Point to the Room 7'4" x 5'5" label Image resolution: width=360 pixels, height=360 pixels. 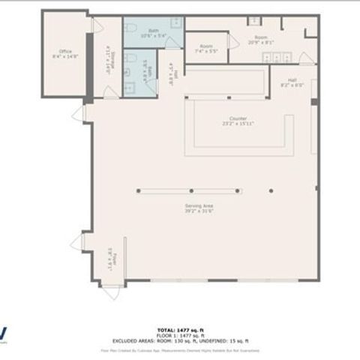[205, 49]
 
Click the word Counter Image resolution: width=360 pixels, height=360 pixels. [238, 118]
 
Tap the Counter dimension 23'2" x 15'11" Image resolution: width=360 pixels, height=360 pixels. [238, 124]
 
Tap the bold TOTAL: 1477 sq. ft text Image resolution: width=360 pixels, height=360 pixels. [180, 329]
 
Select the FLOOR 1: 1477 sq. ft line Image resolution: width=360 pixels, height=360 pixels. [180, 334]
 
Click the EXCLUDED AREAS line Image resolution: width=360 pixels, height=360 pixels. [180, 340]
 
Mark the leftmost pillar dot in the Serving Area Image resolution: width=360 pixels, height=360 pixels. [137, 190]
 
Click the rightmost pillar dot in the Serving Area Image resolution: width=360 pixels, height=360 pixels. [238, 190]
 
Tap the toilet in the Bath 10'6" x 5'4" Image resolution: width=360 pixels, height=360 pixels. [130, 28]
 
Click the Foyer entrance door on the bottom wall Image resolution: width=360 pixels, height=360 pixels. [112, 291]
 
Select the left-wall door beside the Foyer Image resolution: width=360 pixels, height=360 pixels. [77, 243]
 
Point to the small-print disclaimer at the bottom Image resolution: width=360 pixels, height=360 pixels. [180, 349]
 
